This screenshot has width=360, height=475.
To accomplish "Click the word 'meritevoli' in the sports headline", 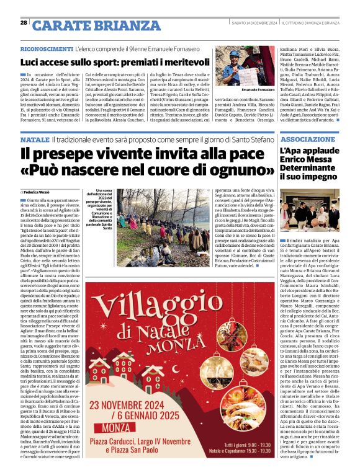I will point(184,62).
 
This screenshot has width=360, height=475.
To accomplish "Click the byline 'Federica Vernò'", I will point(38,192).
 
